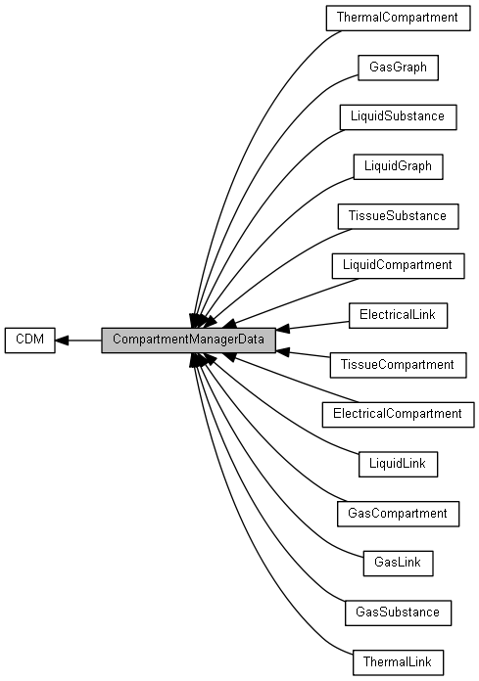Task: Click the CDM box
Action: (30, 340)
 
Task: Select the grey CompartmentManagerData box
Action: (188, 340)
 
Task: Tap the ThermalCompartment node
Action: (398, 18)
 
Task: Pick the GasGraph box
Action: (398, 68)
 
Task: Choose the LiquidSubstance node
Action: (398, 116)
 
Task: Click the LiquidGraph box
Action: (398, 166)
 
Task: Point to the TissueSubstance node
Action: (398, 216)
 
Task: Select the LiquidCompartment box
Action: (398, 265)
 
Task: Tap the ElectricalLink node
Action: (398, 315)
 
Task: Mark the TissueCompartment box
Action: (398, 365)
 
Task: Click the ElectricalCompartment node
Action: (398, 414)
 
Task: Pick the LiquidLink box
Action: (398, 464)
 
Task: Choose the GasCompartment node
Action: (398, 514)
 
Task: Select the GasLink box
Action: (398, 564)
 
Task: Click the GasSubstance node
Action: (398, 613)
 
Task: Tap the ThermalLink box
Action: (398, 662)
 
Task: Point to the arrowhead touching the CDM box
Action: (62, 340)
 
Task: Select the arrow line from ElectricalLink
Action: (312, 326)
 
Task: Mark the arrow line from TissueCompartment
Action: (303, 353)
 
